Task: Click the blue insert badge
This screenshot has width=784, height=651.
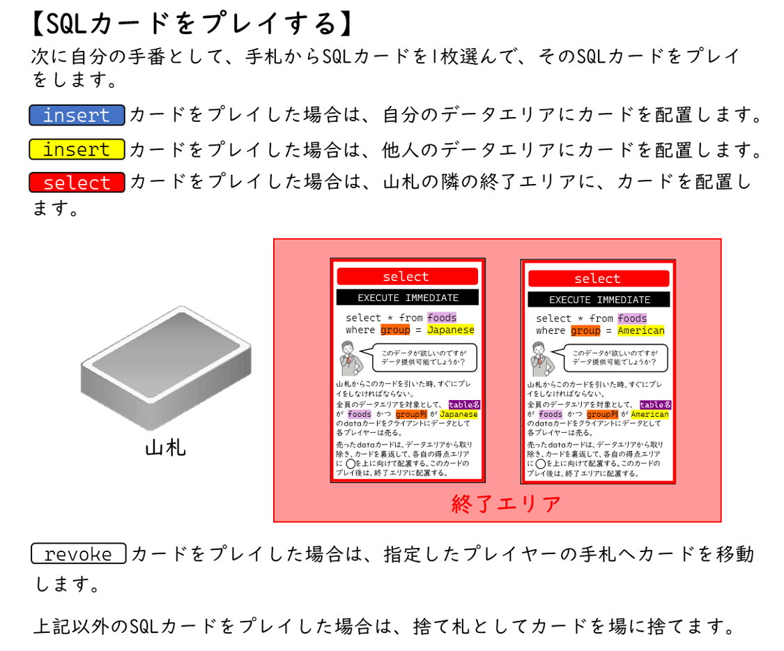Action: (x=77, y=115)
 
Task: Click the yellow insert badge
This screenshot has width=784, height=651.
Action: (x=77, y=149)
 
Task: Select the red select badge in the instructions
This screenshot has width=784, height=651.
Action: (x=77, y=183)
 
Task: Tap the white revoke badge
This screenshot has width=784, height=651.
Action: (x=78, y=554)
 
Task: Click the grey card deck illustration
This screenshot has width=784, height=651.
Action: (x=167, y=367)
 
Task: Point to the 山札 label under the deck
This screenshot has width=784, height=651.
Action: (x=166, y=447)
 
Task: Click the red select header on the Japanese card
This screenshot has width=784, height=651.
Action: (x=407, y=277)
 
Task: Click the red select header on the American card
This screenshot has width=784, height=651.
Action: (x=598, y=279)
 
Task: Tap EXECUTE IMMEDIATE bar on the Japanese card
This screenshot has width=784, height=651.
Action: (x=408, y=298)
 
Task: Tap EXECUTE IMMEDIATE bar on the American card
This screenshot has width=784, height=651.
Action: (x=599, y=300)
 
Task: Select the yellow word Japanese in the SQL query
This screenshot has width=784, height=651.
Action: (x=451, y=330)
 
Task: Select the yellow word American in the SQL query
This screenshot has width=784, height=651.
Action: (x=641, y=330)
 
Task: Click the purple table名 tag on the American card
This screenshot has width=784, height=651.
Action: (x=655, y=405)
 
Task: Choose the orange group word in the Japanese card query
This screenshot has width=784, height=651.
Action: (x=395, y=330)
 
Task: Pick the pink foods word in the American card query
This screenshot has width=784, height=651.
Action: (x=632, y=319)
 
